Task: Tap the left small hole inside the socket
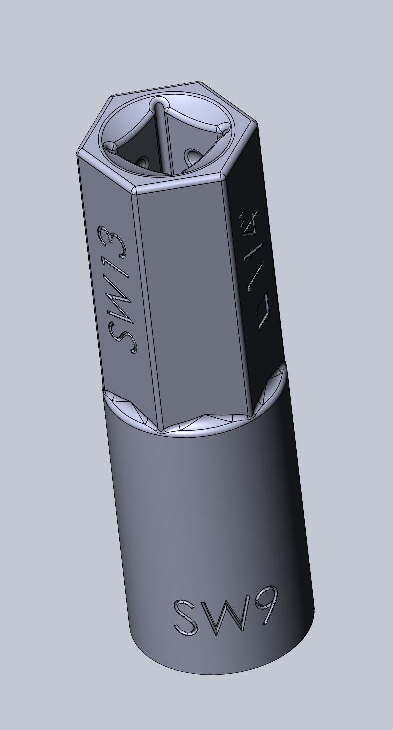coord(142,162)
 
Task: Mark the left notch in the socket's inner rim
coord(109,147)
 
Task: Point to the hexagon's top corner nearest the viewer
coord(134,190)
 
